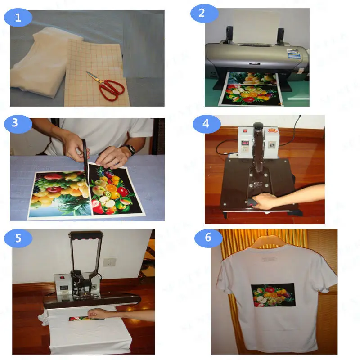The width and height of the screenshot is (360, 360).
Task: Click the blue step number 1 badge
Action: click(x=18, y=18)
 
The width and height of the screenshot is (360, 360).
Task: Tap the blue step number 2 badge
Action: click(x=201, y=13)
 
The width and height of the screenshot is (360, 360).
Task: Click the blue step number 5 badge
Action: click(x=18, y=238)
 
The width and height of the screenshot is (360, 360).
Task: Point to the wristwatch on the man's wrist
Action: click(x=131, y=149)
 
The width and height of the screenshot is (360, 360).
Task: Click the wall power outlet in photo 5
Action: click(x=108, y=262)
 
